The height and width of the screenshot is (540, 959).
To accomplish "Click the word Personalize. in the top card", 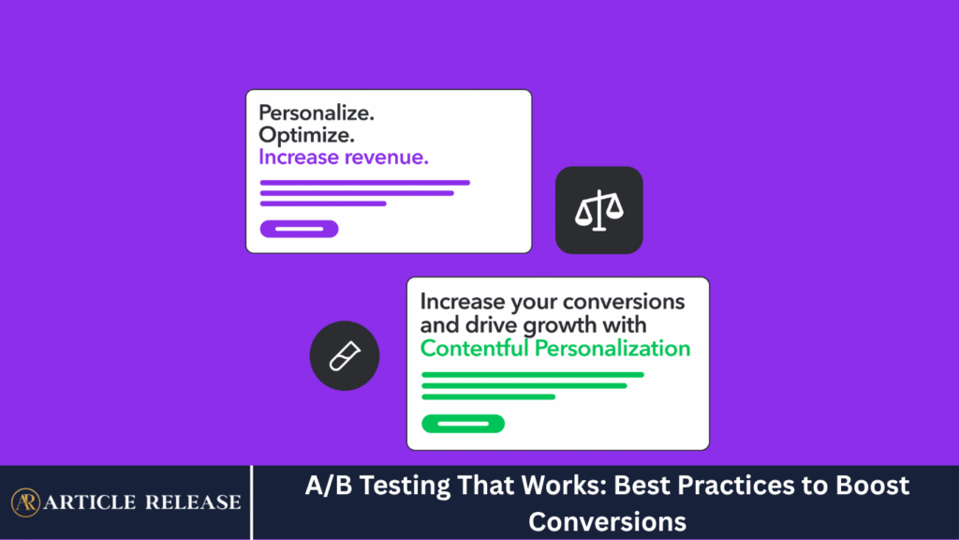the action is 317,113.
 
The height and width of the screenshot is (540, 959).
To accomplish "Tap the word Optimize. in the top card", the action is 306,135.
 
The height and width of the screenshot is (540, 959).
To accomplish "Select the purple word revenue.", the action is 387,157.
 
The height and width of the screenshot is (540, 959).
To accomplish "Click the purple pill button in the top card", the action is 299,229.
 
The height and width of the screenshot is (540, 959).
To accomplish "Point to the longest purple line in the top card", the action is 365,183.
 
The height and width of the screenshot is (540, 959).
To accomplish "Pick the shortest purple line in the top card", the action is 323,203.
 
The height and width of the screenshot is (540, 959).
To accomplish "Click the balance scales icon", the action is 599,211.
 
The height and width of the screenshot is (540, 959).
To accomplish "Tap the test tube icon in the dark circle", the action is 345,355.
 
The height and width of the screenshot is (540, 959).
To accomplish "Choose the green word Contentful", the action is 475,349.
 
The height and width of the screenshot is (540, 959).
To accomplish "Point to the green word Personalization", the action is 612,349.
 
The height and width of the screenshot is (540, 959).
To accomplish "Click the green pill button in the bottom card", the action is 463,424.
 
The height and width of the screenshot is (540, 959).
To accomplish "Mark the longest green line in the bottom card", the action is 533,375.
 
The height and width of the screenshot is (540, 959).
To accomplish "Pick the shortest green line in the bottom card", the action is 489,397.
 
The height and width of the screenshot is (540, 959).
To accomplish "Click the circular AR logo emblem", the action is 25,502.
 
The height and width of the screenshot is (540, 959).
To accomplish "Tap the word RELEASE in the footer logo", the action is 193,502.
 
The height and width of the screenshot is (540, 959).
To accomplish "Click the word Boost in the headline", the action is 873,486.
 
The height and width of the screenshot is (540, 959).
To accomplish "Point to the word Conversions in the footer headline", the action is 607,522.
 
